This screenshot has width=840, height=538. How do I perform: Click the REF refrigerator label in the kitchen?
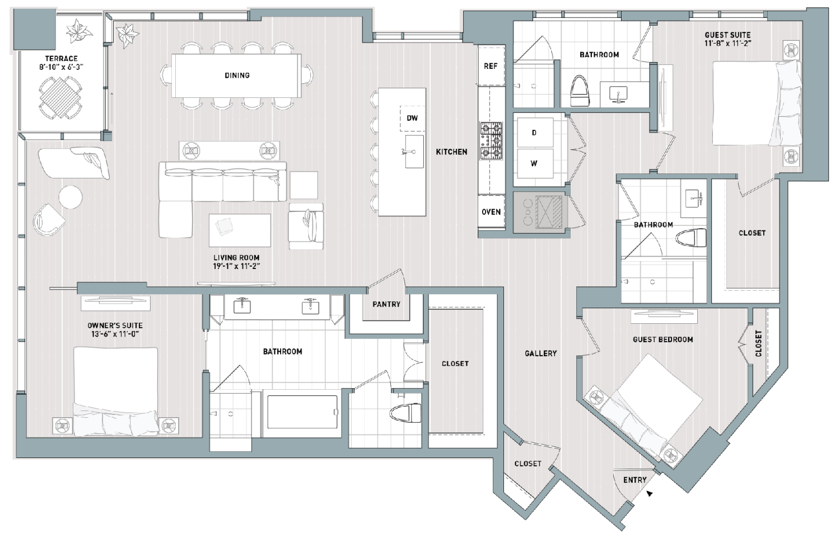point(491,66)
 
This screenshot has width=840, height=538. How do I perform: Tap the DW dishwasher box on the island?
point(413,119)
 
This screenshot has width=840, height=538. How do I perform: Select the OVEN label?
point(491,212)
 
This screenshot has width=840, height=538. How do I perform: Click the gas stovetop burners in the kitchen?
point(491,141)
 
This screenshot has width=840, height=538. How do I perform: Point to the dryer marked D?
point(535,133)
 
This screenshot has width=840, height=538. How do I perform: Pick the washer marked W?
point(535,164)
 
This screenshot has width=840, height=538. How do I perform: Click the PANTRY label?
point(386,304)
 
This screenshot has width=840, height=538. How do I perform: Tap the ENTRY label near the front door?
point(635,480)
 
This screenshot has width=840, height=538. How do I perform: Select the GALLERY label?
point(540,353)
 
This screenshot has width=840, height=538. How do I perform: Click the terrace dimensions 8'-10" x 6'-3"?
point(61,68)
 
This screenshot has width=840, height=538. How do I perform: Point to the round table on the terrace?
point(60,97)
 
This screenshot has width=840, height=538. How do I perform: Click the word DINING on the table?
point(237,75)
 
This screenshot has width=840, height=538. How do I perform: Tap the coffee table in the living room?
point(240,230)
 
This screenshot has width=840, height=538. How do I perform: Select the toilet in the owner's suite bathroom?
point(405,413)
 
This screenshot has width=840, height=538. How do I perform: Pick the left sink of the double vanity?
point(242,306)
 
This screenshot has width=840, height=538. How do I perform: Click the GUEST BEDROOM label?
point(662,339)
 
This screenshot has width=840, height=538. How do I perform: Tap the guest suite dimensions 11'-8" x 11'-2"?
point(727,44)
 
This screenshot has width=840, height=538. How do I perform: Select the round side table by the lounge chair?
point(71,197)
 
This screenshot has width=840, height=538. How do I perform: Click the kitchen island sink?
point(414,152)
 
